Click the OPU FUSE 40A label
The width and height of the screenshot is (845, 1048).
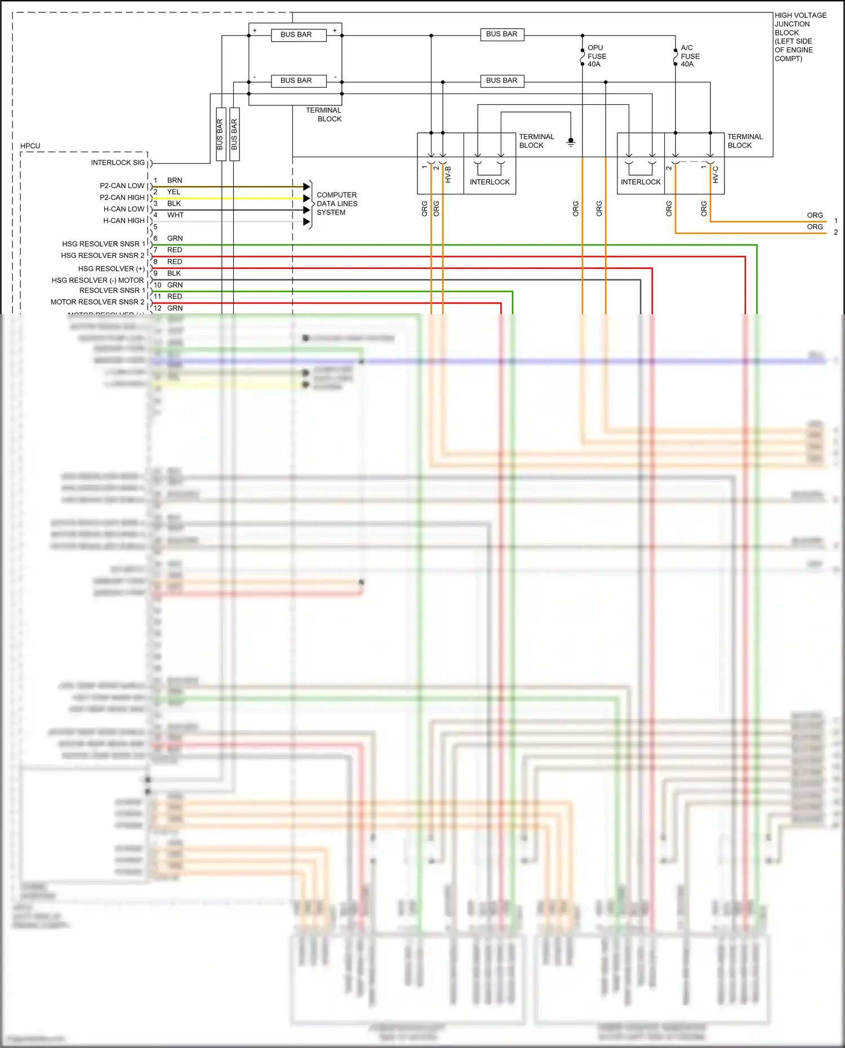click(597, 56)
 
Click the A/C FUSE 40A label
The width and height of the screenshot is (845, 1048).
click(690, 56)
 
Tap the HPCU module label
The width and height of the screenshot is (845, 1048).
click(30, 146)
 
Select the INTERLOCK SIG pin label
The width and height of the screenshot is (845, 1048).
click(118, 163)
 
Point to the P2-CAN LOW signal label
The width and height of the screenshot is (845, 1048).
click(122, 186)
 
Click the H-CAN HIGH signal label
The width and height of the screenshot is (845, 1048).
click(124, 221)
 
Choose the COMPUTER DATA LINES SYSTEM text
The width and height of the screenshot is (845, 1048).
click(336, 204)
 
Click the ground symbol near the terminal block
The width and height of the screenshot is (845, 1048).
click(571, 142)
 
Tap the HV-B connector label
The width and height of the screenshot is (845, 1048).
click(448, 175)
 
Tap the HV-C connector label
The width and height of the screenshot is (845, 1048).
click(715, 175)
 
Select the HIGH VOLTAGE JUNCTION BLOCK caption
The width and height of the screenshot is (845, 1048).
click(800, 37)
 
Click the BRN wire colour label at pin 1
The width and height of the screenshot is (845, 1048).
click(175, 180)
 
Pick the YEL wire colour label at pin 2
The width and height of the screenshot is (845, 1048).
click(174, 192)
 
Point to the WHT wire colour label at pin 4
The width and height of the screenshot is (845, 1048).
click(175, 215)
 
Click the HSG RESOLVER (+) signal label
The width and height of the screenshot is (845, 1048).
click(111, 269)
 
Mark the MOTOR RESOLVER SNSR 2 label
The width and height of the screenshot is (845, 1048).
click(97, 302)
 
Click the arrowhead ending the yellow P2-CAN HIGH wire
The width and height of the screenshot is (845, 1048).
click(306, 198)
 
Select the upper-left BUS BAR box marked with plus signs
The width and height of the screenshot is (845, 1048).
click(296, 35)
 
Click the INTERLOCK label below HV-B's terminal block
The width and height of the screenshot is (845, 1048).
click(490, 182)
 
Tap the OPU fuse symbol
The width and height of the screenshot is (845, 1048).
click(582, 57)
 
